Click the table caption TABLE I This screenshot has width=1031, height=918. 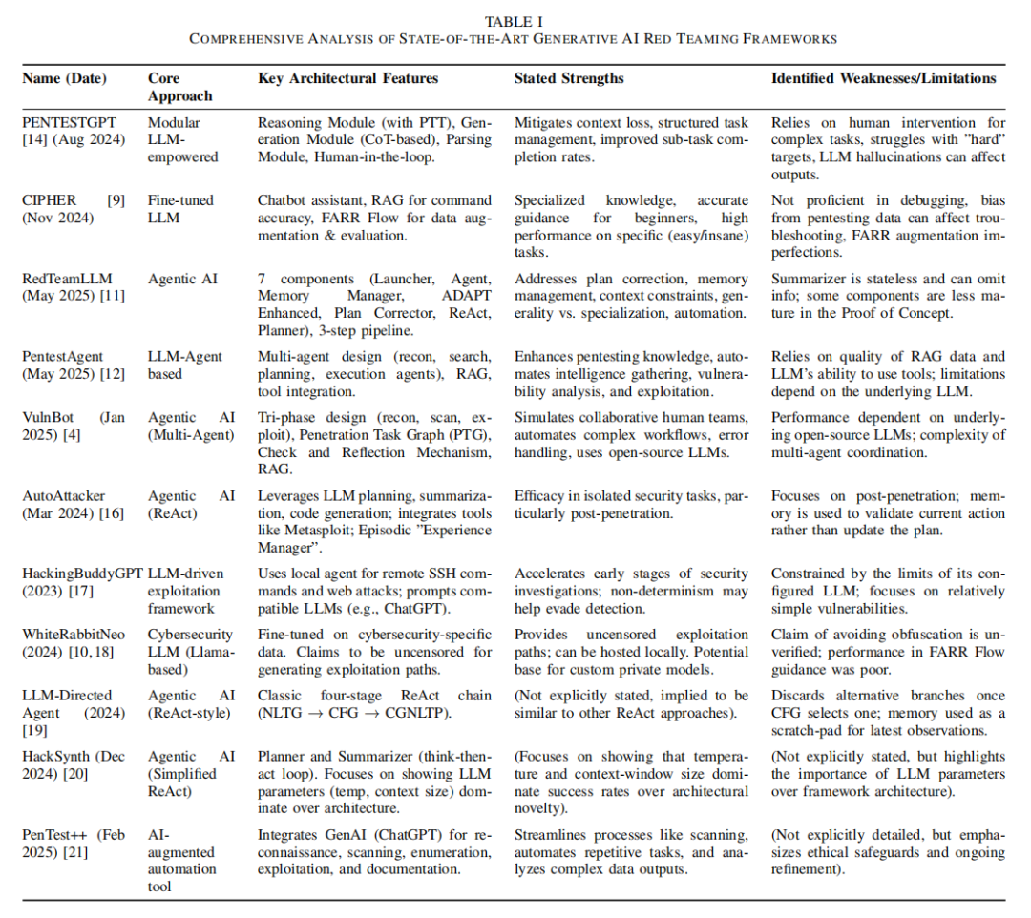(x=515, y=21)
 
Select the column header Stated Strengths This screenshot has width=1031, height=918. (x=569, y=78)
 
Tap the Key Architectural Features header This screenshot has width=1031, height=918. (x=348, y=78)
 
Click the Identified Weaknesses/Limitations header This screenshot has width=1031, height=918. (x=883, y=78)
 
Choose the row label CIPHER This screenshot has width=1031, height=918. (x=45, y=200)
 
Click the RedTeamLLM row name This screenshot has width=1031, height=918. (x=61, y=279)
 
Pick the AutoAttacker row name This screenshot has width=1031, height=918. (x=63, y=495)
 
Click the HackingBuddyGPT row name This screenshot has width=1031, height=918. (x=82, y=574)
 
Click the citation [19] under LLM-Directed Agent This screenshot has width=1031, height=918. (x=35, y=729)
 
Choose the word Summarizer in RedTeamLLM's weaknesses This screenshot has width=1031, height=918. (x=809, y=279)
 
